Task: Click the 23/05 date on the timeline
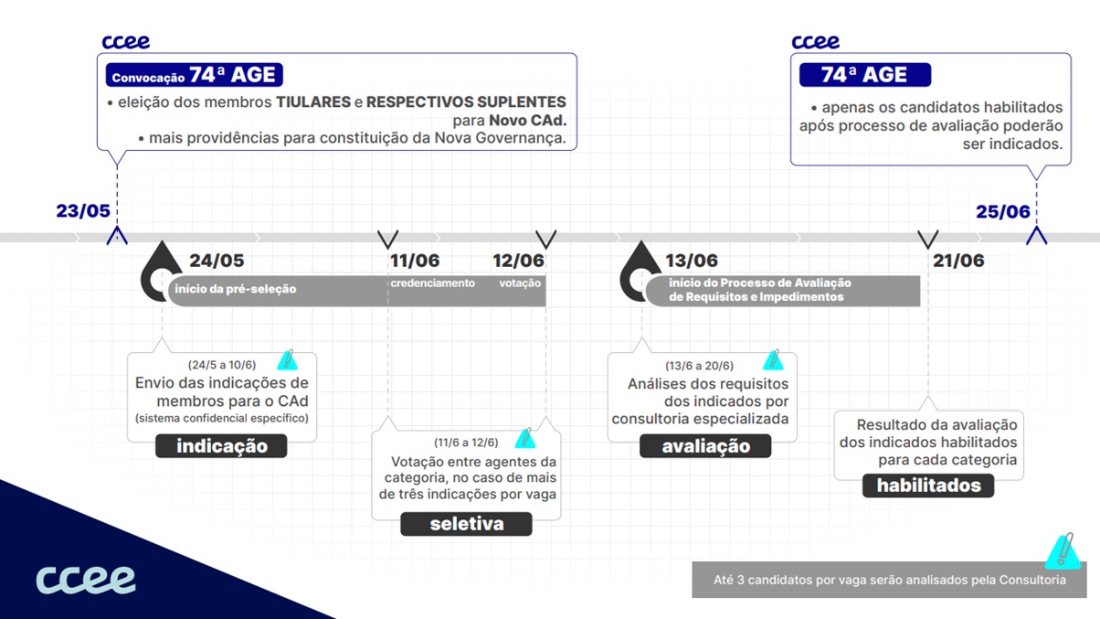tap(83, 211)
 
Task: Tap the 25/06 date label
tap(1003, 212)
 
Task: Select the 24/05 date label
tap(217, 261)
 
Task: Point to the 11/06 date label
tap(415, 261)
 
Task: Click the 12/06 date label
tap(519, 261)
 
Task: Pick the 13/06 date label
tap(692, 261)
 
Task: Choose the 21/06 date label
tap(958, 261)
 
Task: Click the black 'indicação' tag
tap(221, 446)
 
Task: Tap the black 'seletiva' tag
tap(467, 524)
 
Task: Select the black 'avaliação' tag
tap(705, 446)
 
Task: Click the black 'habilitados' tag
tap(928, 486)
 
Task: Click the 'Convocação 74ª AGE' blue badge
tap(194, 75)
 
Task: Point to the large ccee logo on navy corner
tap(86, 580)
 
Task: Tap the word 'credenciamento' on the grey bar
tap(433, 283)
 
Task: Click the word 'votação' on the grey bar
tap(520, 283)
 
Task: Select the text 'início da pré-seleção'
tap(235, 289)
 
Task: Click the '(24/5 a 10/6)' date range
tap(222, 365)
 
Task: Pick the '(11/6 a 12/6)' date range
tap(466, 443)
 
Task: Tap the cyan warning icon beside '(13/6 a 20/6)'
tap(774, 360)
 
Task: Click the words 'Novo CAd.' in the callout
tap(528, 121)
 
